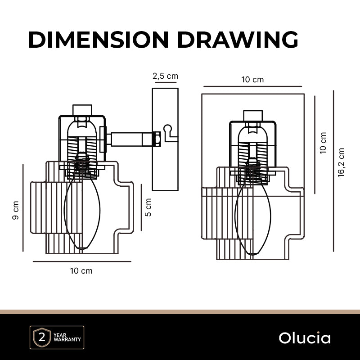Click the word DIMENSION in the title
99,40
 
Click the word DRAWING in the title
238,40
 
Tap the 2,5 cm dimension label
165,76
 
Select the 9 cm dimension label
15,210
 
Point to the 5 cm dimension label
148,207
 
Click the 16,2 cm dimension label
341,162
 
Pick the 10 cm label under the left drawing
81,271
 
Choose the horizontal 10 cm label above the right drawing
252,80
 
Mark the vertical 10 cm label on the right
323,143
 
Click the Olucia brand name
305,338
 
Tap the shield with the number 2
42,337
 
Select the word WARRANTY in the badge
67,339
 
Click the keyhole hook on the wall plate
170,133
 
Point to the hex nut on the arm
156,139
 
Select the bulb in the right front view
253,218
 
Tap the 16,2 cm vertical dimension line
333,171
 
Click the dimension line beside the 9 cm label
23,208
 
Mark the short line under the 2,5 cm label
166,82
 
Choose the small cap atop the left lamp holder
82,110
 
